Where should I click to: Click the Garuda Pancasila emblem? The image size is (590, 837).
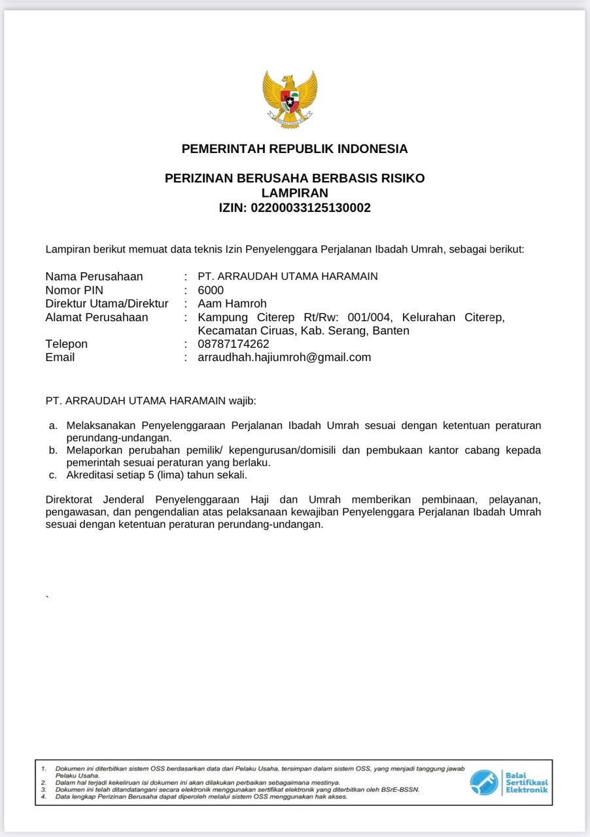(290, 99)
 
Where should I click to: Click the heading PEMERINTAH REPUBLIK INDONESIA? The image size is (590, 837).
(294, 149)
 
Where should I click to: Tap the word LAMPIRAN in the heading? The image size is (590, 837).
(294, 193)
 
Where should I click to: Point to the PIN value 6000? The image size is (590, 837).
(211, 290)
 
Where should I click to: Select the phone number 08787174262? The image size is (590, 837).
(234, 344)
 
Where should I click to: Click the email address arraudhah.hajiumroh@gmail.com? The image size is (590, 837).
(285, 357)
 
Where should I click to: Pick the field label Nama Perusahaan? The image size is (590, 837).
(94, 277)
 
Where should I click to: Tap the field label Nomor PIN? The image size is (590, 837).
(75, 290)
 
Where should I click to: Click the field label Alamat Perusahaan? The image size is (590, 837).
(97, 317)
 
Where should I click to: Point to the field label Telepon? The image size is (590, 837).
(67, 344)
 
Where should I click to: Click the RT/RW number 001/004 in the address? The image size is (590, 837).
(370, 317)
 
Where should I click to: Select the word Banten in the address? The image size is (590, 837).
(391, 330)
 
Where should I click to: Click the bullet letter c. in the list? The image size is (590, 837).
(52, 475)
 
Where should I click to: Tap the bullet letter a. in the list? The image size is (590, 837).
(53, 425)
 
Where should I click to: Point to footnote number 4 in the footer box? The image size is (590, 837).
(43, 796)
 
